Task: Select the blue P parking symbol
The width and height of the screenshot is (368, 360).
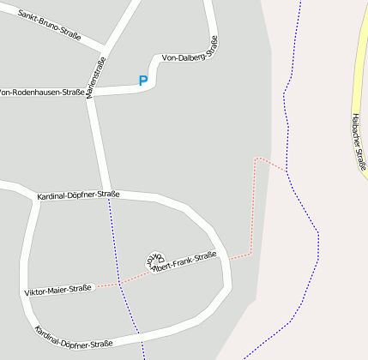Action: [142, 81]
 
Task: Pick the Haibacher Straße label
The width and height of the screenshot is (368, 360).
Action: [359, 141]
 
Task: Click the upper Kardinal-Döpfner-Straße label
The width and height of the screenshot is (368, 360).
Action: [78, 195]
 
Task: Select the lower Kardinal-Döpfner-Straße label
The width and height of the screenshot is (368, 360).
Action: [74, 337]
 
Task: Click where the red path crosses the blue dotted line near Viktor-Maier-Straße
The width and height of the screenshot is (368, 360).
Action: [120, 282]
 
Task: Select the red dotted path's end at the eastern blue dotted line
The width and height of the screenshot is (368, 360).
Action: [287, 171]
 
